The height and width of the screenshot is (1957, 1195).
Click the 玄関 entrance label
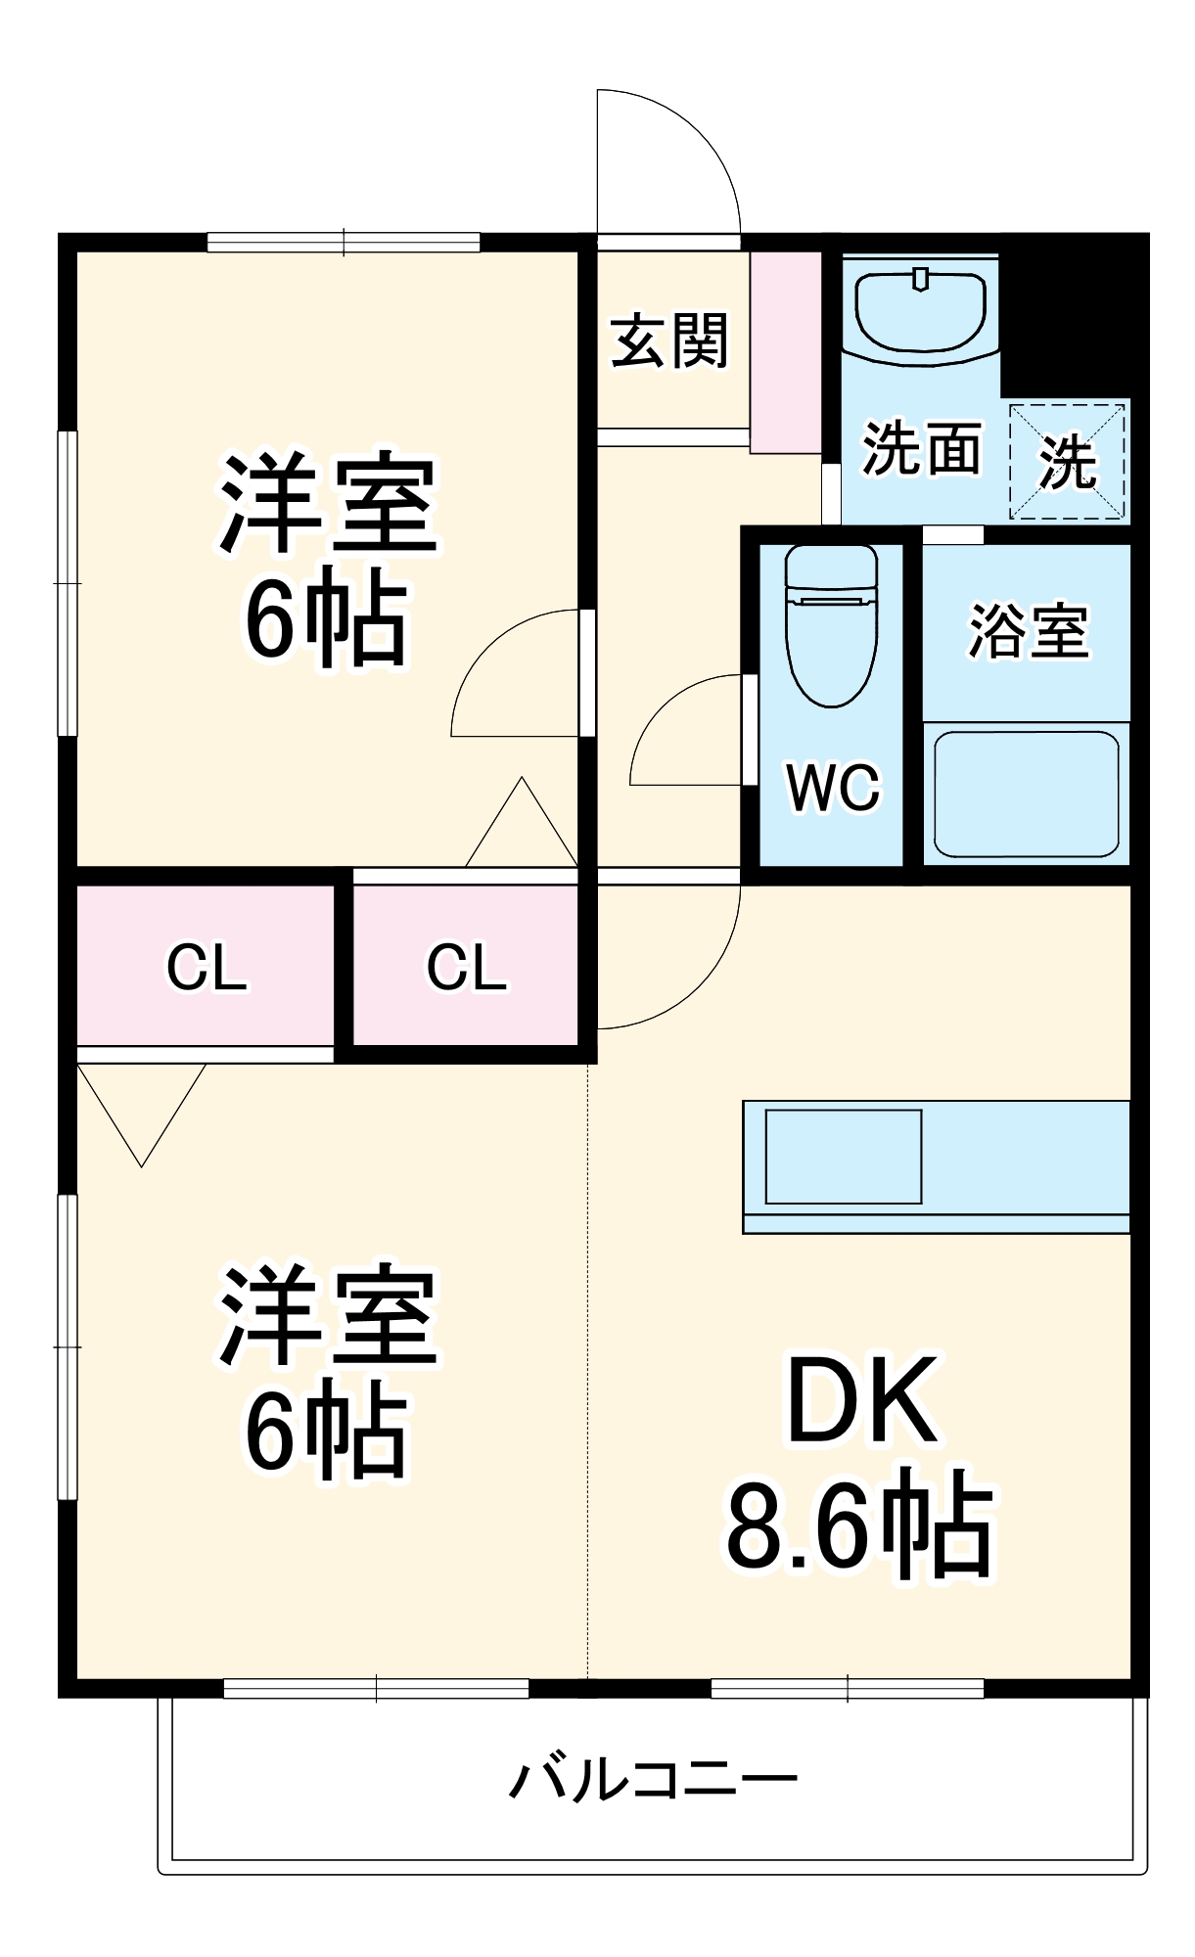click(x=669, y=341)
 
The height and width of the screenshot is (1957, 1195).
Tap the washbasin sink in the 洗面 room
click(x=920, y=310)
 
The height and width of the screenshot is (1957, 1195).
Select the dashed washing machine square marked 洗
click(x=1068, y=461)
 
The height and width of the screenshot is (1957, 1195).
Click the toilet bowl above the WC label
click(x=832, y=626)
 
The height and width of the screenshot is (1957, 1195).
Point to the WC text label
click(x=833, y=787)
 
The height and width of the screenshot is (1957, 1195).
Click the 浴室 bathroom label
click(x=1028, y=631)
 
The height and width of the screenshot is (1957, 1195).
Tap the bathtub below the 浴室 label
click(x=1026, y=794)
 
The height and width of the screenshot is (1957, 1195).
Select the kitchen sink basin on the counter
click(x=843, y=1156)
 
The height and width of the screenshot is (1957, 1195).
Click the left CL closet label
click(x=207, y=968)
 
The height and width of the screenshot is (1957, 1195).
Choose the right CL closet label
click(x=467, y=968)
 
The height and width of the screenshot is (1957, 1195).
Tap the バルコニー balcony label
click(x=653, y=1778)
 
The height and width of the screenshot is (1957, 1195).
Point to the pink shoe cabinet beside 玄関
click(x=786, y=352)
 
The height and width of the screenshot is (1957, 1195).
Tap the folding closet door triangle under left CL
click(x=142, y=1106)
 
